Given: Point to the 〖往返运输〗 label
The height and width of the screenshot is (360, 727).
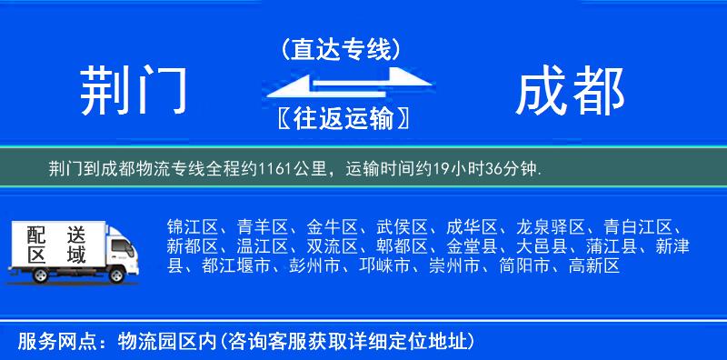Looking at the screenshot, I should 341,118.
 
